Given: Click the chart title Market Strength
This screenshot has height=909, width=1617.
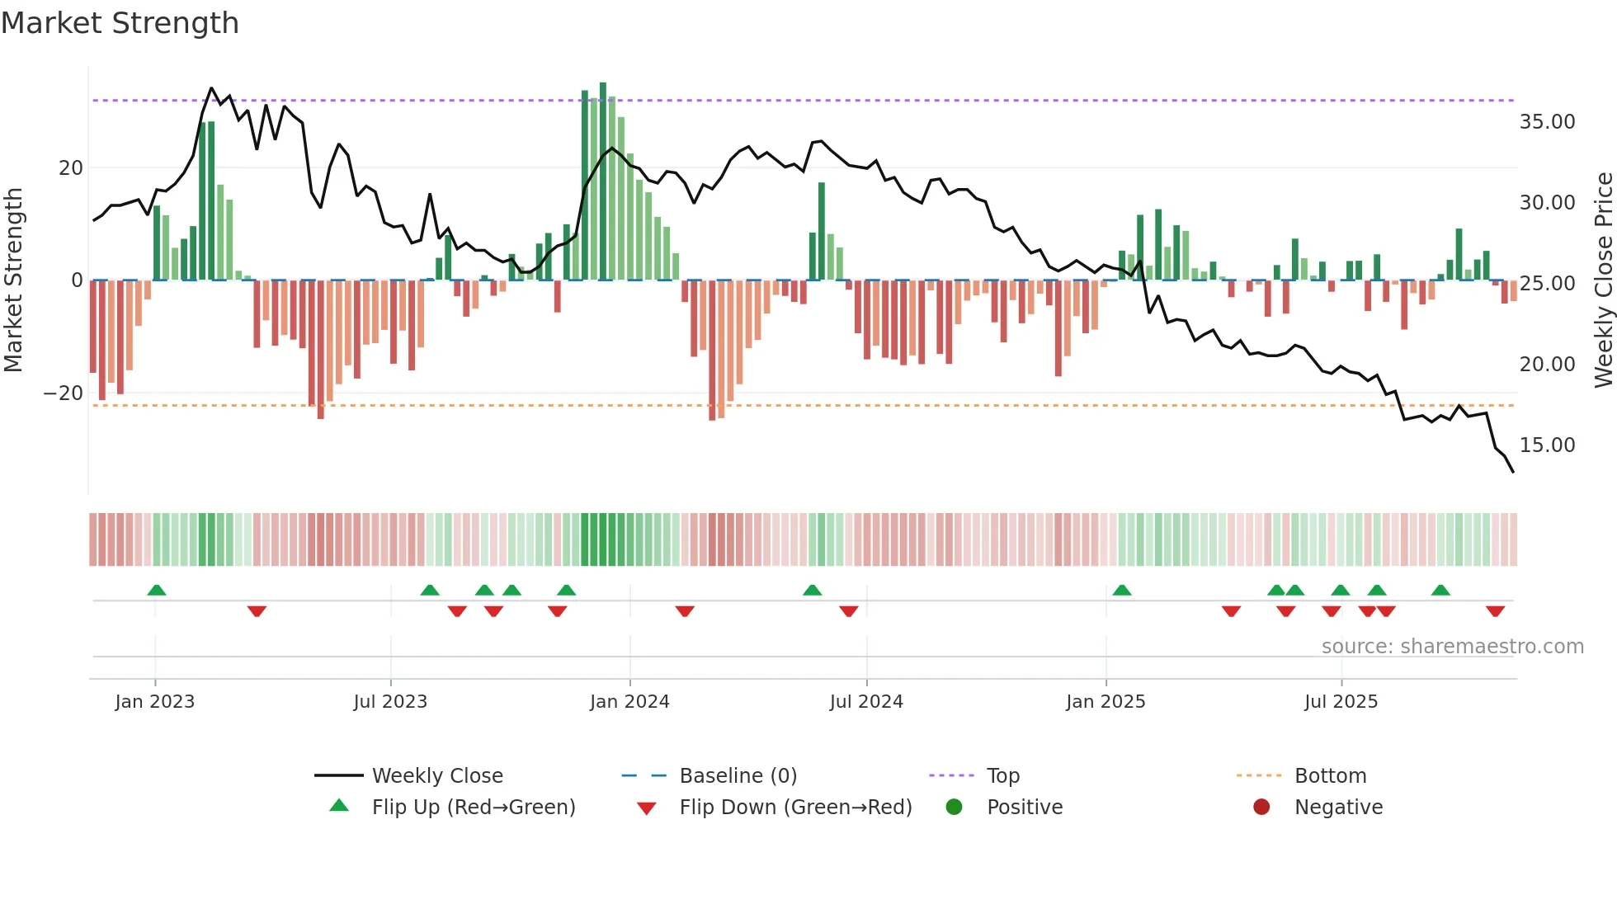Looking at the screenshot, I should [x=120, y=23].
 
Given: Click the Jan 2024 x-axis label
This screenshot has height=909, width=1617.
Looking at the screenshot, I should [x=629, y=702].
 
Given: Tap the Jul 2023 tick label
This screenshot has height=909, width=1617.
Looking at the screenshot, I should [x=390, y=702].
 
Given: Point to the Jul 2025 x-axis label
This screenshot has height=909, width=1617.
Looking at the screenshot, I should [x=1341, y=702].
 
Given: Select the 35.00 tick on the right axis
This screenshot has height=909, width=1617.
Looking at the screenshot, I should [x=1547, y=122].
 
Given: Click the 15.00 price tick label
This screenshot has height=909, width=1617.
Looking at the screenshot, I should [x=1547, y=445].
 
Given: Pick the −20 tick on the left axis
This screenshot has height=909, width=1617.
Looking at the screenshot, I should [x=64, y=393].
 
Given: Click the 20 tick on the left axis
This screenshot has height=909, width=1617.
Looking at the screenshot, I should [x=71, y=168].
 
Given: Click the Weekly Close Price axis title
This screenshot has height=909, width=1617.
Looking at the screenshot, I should [x=1603, y=280].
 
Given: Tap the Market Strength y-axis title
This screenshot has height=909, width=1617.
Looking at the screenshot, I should [x=14, y=280].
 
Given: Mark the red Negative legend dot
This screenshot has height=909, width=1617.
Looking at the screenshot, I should [x=1261, y=808].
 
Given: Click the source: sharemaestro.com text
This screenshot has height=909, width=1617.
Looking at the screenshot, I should [x=1452, y=647].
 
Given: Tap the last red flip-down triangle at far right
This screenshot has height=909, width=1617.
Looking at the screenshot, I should [x=1495, y=611].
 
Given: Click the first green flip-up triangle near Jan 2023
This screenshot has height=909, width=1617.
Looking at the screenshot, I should [x=157, y=590].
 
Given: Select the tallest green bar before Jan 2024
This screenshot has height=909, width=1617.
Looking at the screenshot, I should [x=603, y=181].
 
